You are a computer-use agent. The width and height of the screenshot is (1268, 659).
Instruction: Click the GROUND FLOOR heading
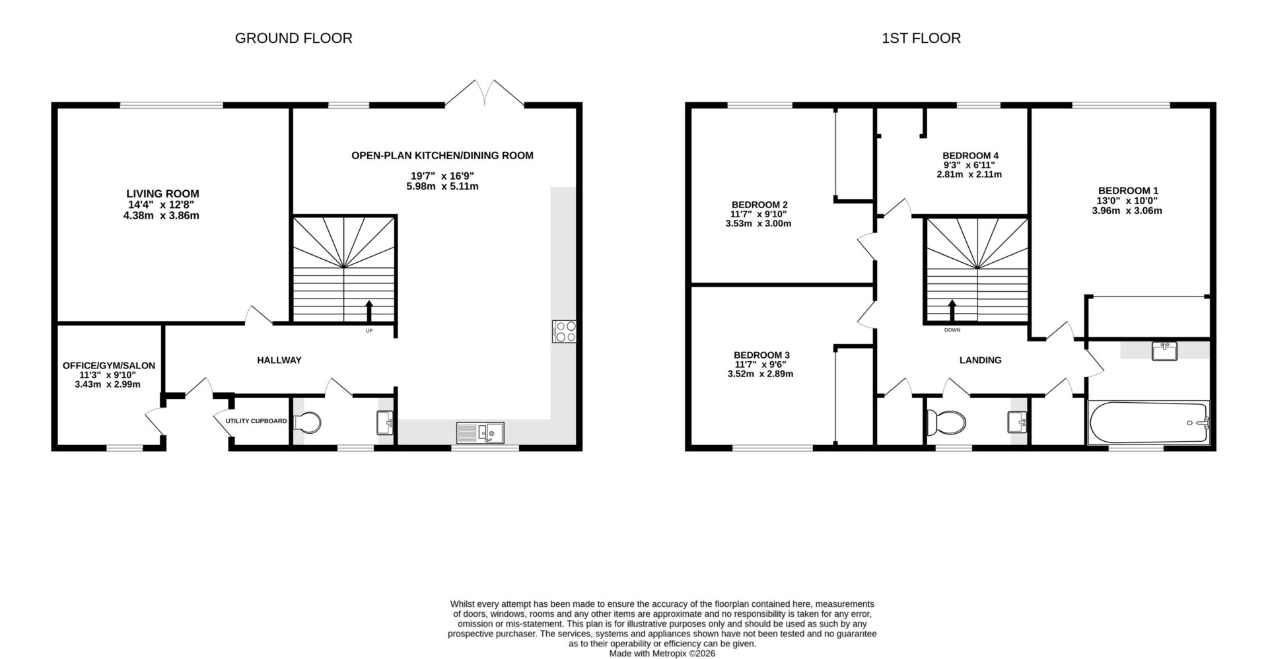pyautogui.click(x=293, y=38)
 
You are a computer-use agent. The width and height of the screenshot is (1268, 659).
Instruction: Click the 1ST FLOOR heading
pyautogui.click(x=921, y=38)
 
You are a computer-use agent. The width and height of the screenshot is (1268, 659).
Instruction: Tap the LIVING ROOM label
pyautogui.click(x=162, y=193)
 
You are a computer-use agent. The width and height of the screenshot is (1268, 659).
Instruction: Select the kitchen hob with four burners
pyautogui.click(x=564, y=331)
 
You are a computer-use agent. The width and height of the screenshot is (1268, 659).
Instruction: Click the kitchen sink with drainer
pyautogui.click(x=480, y=433)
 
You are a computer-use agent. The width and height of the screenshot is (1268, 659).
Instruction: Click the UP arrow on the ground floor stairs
pyautogui.click(x=369, y=310)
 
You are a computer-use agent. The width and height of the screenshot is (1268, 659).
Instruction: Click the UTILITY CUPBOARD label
pyautogui.click(x=256, y=421)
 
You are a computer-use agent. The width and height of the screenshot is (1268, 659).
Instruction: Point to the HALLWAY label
pyautogui.click(x=279, y=360)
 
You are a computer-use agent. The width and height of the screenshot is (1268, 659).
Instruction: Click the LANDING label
pyautogui.click(x=980, y=360)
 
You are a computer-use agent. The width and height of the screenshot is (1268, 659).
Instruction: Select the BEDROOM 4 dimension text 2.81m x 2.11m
pyautogui.click(x=969, y=175)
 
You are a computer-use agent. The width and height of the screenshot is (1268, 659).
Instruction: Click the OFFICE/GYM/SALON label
pyautogui.click(x=109, y=365)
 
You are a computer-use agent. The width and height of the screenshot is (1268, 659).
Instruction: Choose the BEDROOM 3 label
pyautogui.click(x=761, y=355)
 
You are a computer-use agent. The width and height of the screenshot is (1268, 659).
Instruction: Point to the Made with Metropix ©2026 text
pyautogui.click(x=662, y=653)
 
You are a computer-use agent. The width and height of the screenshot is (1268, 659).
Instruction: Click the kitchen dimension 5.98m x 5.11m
pyautogui.click(x=442, y=186)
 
